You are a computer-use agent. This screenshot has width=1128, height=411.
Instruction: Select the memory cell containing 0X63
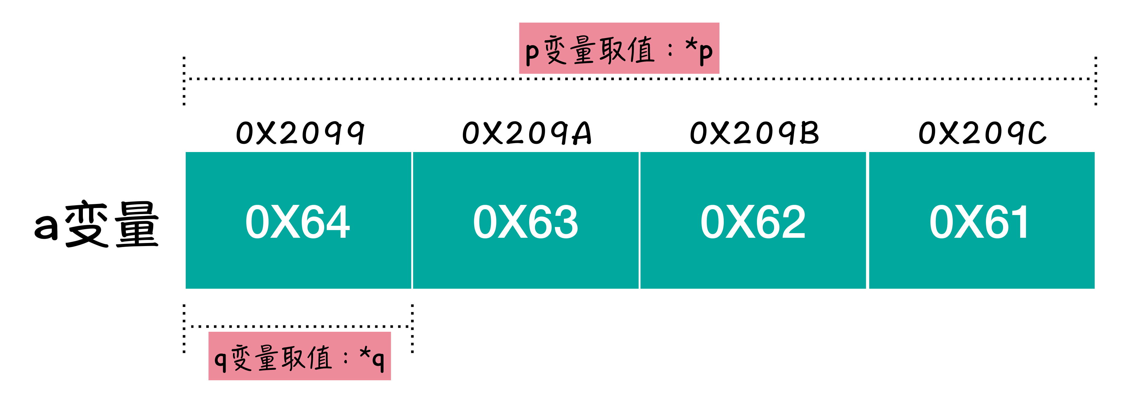[x=525, y=220]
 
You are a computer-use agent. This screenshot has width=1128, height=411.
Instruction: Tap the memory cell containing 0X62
[x=753, y=220]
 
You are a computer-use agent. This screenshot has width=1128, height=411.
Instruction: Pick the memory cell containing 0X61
[x=981, y=220]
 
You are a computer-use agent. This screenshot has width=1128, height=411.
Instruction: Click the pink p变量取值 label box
[x=619, y=48]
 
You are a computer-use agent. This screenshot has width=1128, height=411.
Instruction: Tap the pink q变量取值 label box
[x=300, y=356]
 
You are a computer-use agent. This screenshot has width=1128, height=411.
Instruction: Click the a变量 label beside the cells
[x=96, y=224]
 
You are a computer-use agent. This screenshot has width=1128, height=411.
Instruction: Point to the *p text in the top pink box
[x=699, y=50]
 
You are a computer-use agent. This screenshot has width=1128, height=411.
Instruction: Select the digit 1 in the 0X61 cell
[x=1020, y=222]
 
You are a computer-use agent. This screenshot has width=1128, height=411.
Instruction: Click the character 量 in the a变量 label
[x=137, y=224]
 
